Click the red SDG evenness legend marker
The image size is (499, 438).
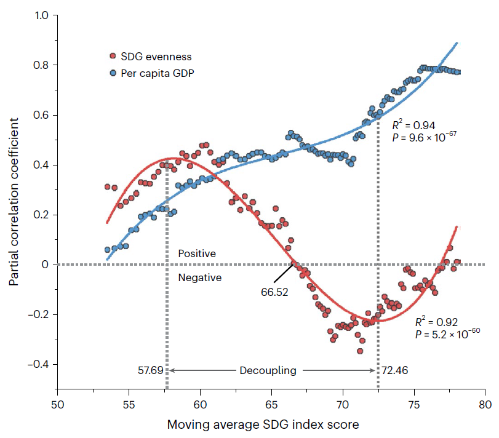[113, 57]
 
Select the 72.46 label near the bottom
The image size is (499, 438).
[395, 370]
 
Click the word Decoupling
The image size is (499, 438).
[268, 370]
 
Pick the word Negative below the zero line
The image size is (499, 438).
[199, 278]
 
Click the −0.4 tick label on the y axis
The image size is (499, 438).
[38, 365]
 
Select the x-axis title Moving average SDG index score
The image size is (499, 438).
[271, 424]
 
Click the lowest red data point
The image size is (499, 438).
[360, 351]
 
